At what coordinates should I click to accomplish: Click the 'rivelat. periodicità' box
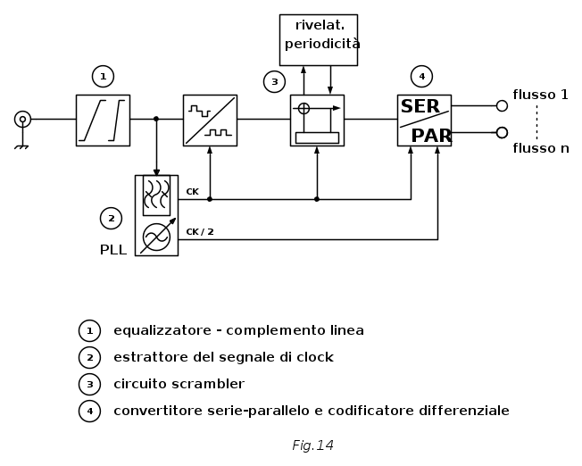(x=318, y=40)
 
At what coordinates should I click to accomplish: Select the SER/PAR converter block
(x=424, y=121)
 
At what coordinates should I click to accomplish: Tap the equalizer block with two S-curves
(x=103, y=121)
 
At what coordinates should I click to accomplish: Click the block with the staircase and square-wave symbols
(x=210, y=121)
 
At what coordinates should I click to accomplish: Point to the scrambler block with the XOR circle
(x=317, y=121)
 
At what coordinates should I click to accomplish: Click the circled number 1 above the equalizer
(x=103, y=77)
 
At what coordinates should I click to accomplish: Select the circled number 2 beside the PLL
(x=111, y=218)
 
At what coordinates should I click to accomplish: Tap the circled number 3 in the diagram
(x=274, y=82)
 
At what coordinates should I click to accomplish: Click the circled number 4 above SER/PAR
(x=421, y=77)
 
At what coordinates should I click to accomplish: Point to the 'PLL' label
(x=112, y=250)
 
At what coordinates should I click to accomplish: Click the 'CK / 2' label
(x=200, y=232)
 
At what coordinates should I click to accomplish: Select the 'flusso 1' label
(x=540, y=95)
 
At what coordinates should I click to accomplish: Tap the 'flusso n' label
(x=540, y=148)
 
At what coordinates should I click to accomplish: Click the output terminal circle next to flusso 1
(x=502, y=105)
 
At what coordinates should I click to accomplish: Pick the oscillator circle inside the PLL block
(x=156, y=237)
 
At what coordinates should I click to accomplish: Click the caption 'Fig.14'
(x=312, y=445)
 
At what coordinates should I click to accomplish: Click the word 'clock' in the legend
(x=313, y=357)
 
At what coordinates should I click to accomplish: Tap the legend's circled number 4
(x=89, y=411)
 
